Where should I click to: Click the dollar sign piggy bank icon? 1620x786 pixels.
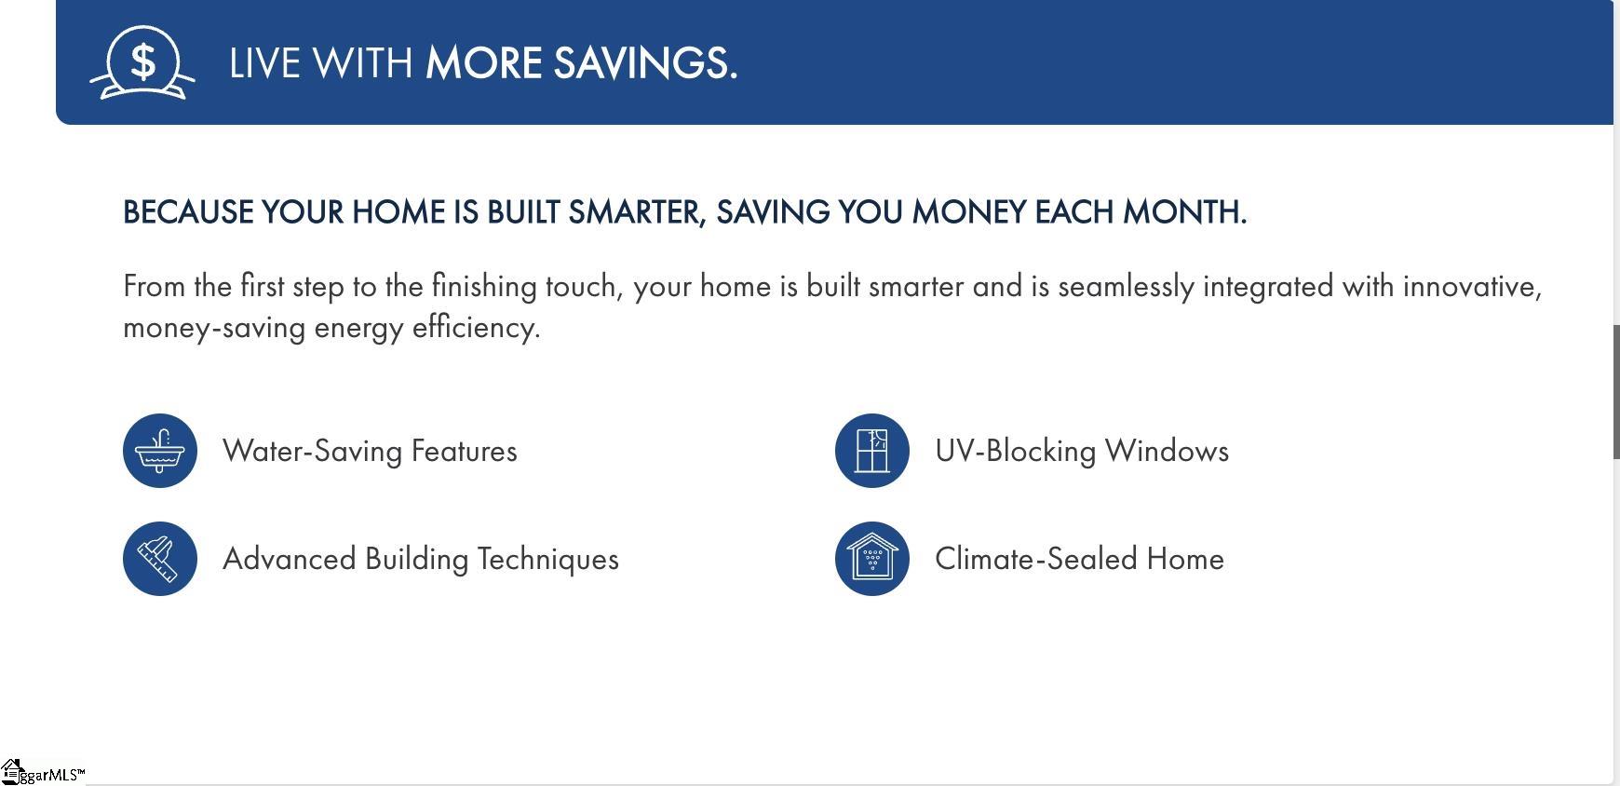[x=142, y=62]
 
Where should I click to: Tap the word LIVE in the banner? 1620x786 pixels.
[x=264, y=63]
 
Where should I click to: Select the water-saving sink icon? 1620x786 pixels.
[x=160, y=451]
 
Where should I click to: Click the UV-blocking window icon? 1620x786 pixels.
[x=872, y=451]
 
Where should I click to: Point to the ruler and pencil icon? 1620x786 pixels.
[x=160, y=559]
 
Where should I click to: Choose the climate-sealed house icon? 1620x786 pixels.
[x=872, y=559]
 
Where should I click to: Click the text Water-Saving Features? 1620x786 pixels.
[x=370, y=451]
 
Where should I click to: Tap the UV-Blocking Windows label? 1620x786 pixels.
[x=1082, y=451]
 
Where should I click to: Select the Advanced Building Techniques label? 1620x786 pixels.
[x=421, y=559]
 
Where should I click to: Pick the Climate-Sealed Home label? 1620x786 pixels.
[x=1079, y=559]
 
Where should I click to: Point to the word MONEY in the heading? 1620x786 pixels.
[x=969, y=212]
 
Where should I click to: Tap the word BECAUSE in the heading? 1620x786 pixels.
[x=188, y=212]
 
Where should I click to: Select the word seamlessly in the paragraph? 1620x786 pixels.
[x=1126, y=287]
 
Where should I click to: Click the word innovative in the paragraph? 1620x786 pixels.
[x=1472, y=287]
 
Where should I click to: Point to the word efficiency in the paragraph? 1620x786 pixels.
[x=476, y=328]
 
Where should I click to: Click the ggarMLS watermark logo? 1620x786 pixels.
[x=43, y=772]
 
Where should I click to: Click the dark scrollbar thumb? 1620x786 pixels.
[x=1616, y=391]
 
